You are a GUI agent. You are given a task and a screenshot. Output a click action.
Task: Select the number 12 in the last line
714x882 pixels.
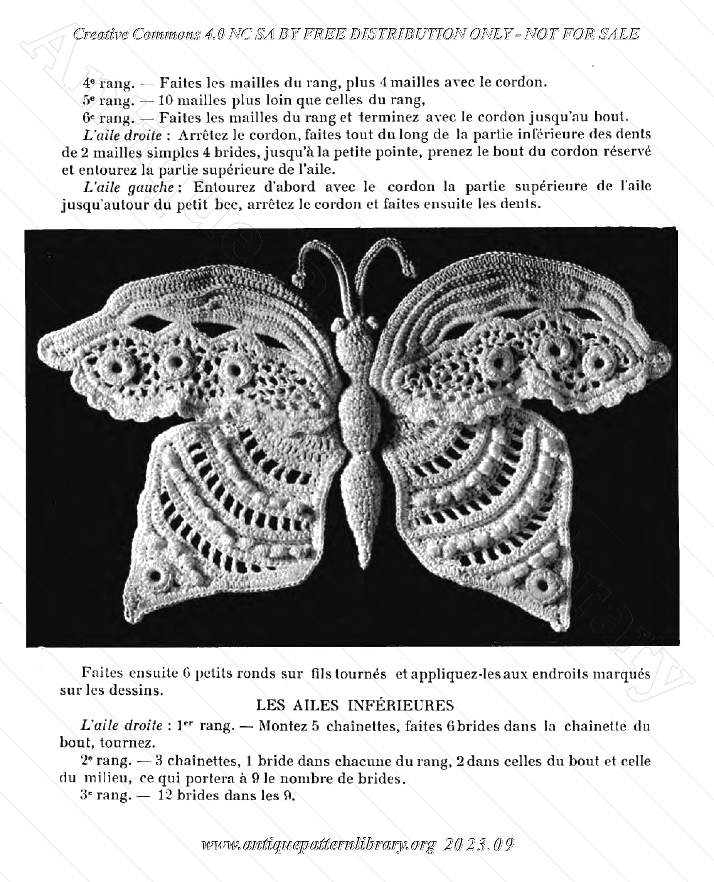coord(165,795)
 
